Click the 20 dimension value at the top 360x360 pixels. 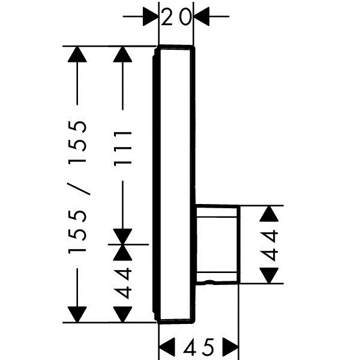coord(176,17)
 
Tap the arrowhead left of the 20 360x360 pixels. coord(151,17)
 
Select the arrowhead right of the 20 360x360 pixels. coord(202,17)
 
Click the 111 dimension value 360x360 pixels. coord(122,149)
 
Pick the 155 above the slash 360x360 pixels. coord(77,142)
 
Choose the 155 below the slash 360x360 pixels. coord(77,232)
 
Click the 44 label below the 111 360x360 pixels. coord(122,283)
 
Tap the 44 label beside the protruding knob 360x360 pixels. coord(269,246)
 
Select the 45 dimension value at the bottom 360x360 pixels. coord(199,346)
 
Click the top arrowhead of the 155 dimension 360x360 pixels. coord(77,54)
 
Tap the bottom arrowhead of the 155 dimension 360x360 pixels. coord(77,314)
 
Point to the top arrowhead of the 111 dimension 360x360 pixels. coord(122,54)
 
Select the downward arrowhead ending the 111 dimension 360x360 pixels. coord(122,236)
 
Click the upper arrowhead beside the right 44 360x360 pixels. coord(269,214)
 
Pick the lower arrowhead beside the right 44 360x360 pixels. coord(269,275)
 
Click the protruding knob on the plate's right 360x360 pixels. coord(218,244)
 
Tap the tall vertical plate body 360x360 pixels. coord(175,185)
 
